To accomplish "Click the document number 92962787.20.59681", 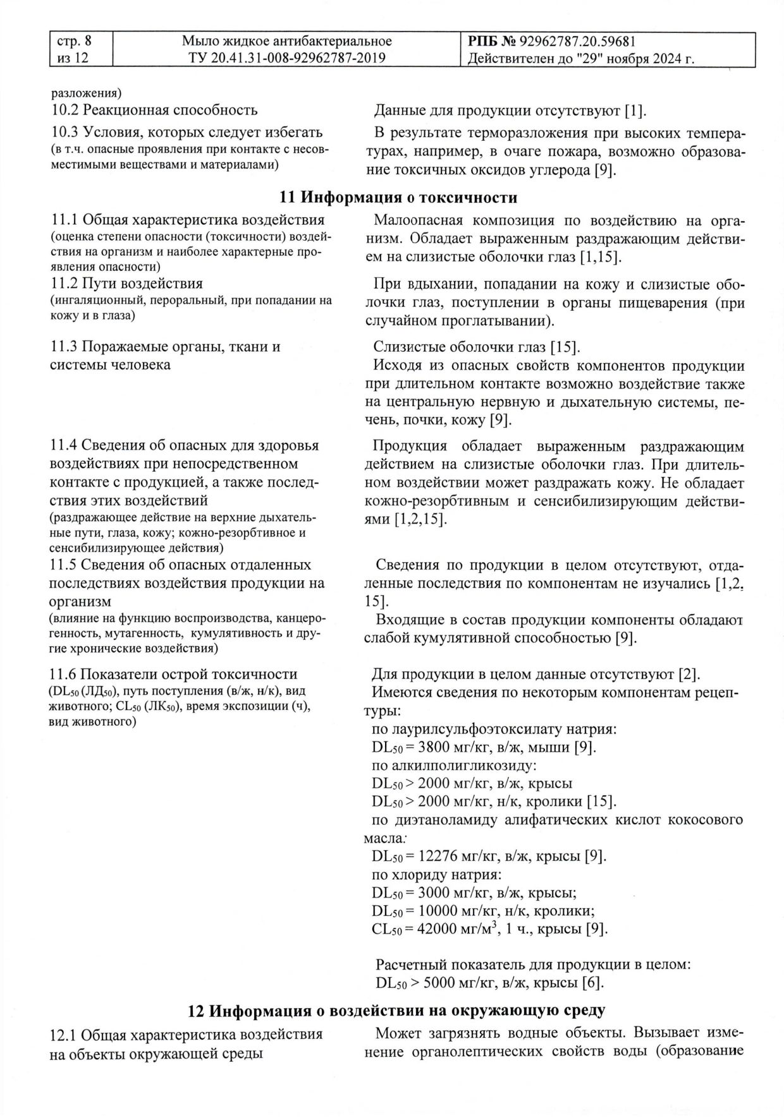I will pyautogui.click(x=577, y=42).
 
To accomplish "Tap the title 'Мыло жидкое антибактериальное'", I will pyautogui.click(x=286, y=42).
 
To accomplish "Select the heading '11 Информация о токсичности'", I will pyautogui.click(x=398, y=198).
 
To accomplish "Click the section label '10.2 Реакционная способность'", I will pyautogui.click(x=154, y=110).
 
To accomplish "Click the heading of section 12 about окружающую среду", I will pyautogui.click(x=397, y=1010).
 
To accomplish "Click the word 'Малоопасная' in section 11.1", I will pyautogui.click(x=413, y=221).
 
